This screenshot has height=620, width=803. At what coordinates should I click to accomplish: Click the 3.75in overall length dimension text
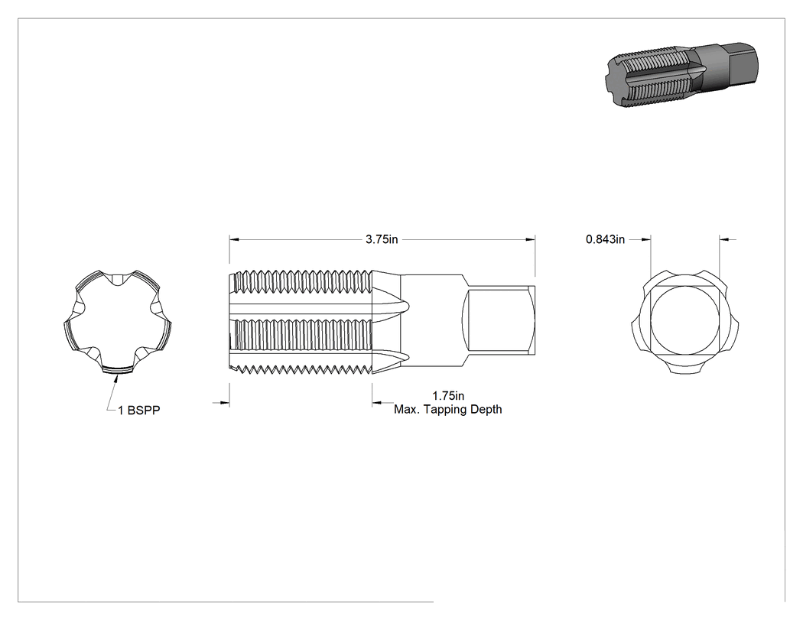pos(382,239)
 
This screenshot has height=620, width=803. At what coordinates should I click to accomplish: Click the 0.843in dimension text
pos(606,239)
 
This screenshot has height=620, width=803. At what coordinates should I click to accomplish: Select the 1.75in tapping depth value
pos(448,396)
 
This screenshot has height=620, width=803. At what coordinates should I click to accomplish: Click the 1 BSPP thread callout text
pos(138,411)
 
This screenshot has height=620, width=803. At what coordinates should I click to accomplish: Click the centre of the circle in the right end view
pos(685,320)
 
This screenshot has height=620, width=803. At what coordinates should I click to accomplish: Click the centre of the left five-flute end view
pos(117,323)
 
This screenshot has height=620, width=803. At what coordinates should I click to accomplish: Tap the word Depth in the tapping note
pos(486,410)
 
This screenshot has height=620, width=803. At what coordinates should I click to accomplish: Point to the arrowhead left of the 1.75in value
pos(378,404)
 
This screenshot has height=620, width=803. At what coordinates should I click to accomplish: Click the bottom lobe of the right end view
pos(685,367)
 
